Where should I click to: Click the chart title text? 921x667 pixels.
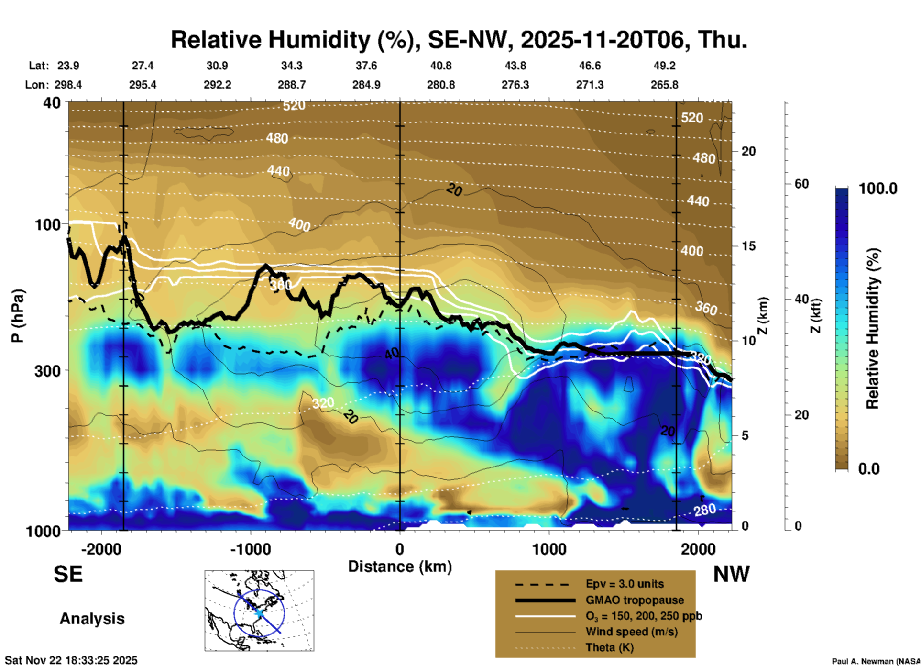click(x=459, y=40)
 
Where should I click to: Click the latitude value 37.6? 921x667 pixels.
click(x=366, y=66)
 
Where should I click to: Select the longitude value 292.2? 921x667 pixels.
click(x=218, y=85)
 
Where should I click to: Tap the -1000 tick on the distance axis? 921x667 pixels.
click(x=250, y=549)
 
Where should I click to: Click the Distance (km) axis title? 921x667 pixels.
click(x=400, y=567)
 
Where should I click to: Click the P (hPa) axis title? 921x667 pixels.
click(x=18, y=316)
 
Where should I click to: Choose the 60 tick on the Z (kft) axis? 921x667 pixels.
click(x=801, y=184)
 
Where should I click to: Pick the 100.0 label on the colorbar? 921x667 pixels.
click(x=878, y=189)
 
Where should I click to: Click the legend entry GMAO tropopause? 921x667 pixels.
click(x=635, y=600)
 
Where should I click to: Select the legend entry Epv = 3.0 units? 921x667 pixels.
click(x=625, y=584)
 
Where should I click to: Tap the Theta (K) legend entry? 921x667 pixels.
click(x=609, y=647)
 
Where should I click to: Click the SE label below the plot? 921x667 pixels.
click(x=68, y=574)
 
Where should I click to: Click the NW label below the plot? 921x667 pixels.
click(x=731, y=574)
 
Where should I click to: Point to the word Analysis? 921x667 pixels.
click(x=92, y=619)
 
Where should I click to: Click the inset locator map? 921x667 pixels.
click(x=259, y=611)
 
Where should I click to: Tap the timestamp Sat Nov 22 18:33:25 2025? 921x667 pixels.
click(x=71, y=660)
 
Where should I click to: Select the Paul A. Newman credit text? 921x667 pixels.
click(x=876, y=661)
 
